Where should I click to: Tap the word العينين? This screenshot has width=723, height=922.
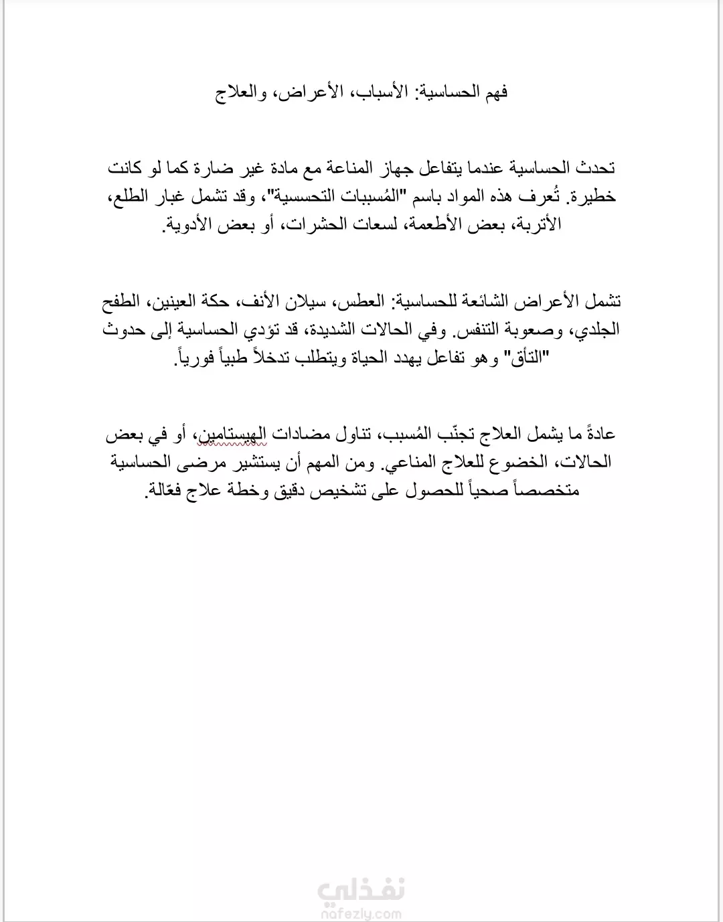[x=180, y=301]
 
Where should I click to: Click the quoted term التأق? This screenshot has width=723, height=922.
[x=526, y=358]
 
